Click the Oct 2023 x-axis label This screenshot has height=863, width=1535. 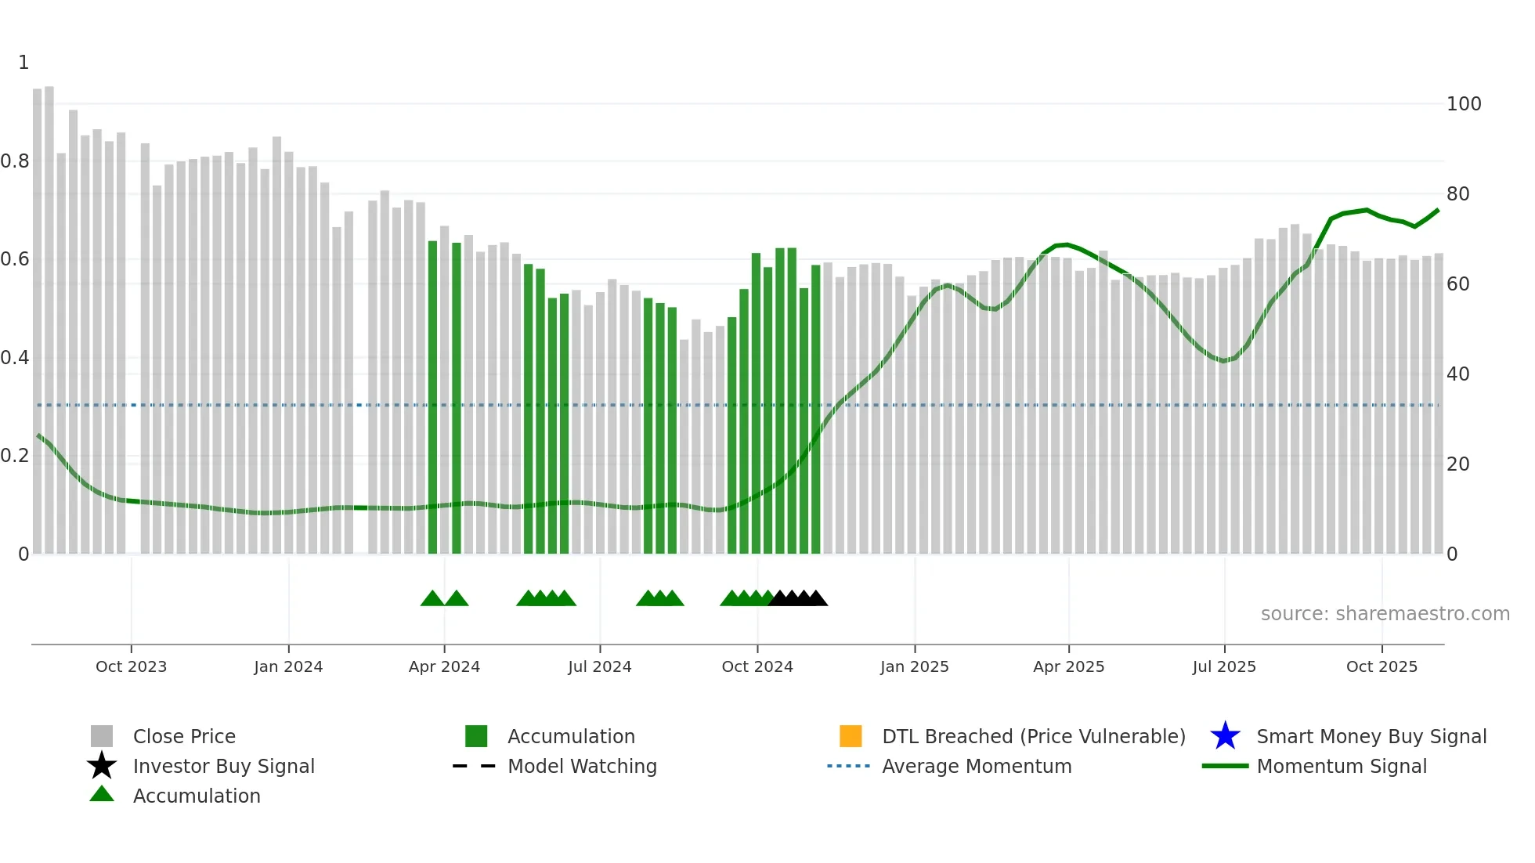[131, 666]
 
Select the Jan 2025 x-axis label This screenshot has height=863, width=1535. [914, 666]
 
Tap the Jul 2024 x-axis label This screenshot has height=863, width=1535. [599, 666]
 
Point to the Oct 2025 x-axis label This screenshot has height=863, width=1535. [1381, 666]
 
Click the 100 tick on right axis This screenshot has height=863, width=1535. [1463, 104]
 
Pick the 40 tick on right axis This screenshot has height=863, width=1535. [1457, 374]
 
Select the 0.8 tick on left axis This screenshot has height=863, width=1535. [15, 161]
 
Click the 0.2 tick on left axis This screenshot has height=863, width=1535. [15, 456]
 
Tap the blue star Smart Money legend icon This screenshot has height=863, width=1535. [1225, 736]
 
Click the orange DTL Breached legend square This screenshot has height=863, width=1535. [851, 736]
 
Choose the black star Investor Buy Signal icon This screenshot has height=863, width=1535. [102, 766]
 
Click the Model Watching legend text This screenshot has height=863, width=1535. [582, 766]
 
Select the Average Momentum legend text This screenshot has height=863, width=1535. [977, 766]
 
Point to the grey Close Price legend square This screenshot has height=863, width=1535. [102, 736]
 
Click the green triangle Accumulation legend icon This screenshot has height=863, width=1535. [102, 794]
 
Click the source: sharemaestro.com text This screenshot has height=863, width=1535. [1385, 614]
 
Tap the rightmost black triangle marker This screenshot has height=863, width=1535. [816, 599]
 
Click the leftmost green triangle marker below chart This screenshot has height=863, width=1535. [432, 599]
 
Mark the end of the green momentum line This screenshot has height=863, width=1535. [1438, 210]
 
